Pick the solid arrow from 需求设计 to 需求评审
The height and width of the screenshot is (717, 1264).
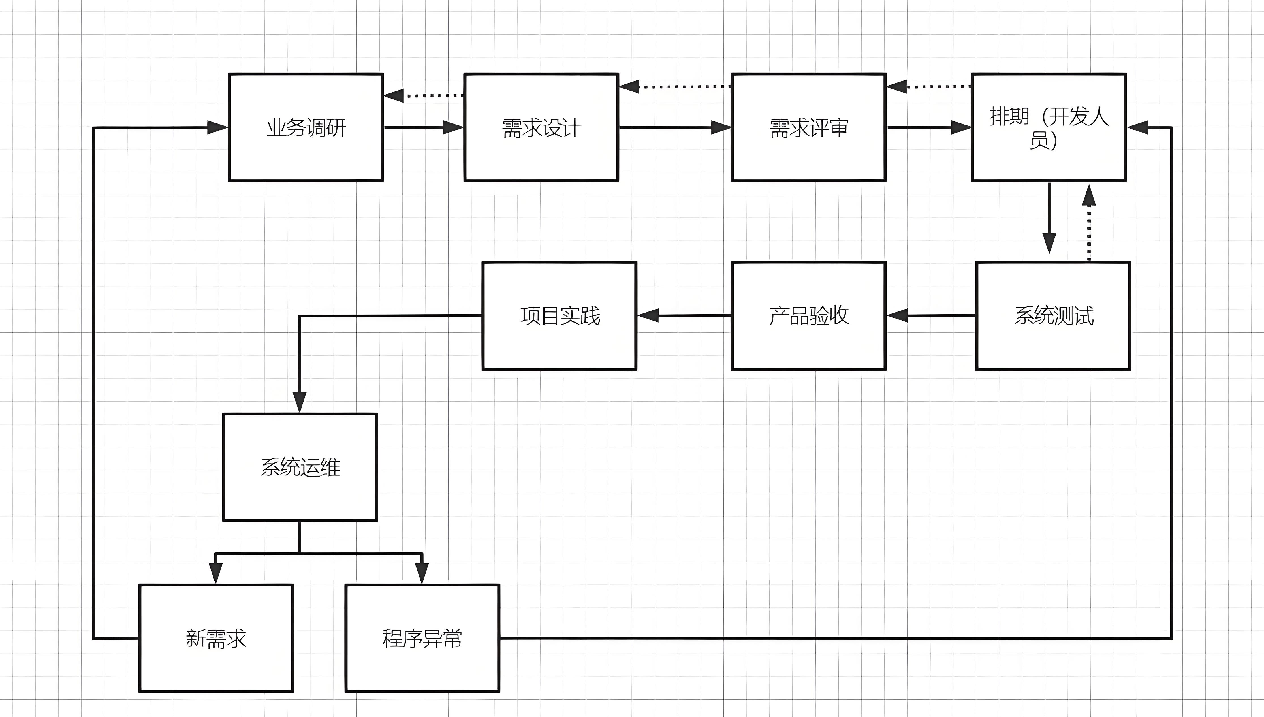(x=674, y=127)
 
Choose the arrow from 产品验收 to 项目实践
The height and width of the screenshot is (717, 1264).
(x=684, y=316)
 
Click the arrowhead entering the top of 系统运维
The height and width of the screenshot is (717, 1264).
(x=299, y=401)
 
